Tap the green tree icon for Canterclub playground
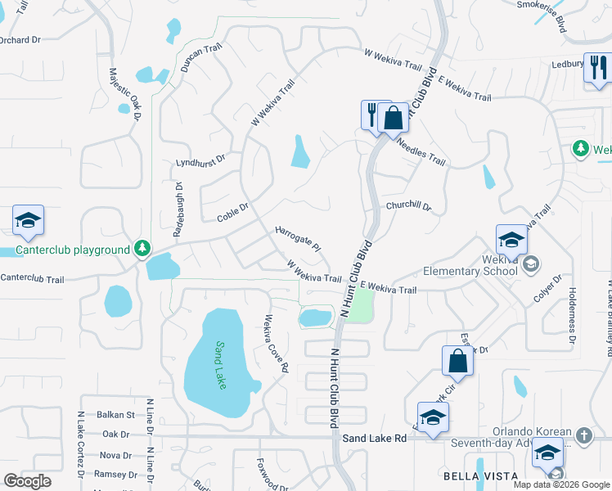[143, 248]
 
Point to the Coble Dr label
[232, 214]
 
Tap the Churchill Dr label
[408, 206]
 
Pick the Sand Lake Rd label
[375, 439]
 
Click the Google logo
[27, 481]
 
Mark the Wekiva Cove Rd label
[276, 344]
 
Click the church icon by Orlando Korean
[583, 435]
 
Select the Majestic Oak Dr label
[124, 94]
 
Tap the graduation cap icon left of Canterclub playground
[28, 221]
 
